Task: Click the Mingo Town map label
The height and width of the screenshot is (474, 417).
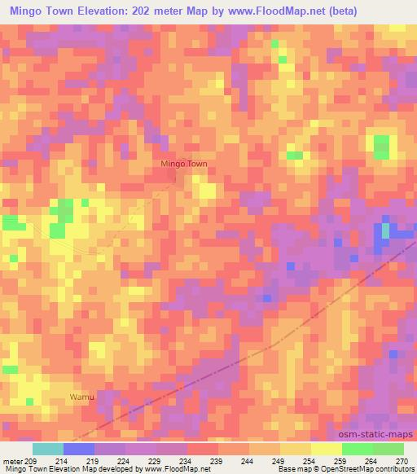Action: click(x=184, y=164)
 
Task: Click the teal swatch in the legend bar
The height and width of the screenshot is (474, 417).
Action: click(x=48, y=449)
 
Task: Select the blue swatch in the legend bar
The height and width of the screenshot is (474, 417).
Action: click(x=79, y=449)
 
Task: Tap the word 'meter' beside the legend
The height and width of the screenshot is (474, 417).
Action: click(x=14, y=460)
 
